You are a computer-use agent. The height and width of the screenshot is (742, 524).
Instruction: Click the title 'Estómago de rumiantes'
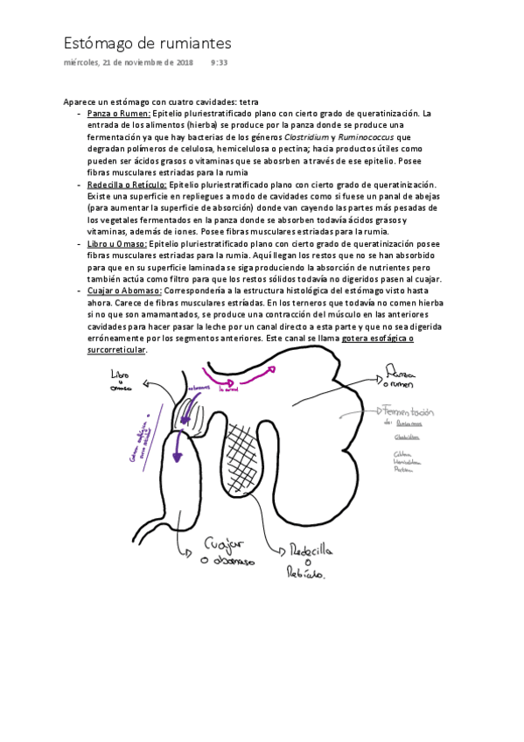pyautogui.click(x=148, y=43)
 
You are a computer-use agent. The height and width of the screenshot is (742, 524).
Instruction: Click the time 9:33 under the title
pyautogui.click(x=220, y=63)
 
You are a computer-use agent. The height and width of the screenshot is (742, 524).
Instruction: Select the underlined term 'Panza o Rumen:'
pyautogui.click(x=119, y=114)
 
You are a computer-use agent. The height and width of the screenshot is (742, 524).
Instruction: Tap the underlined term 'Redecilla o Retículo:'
pyautogui.click(x=128, y=185)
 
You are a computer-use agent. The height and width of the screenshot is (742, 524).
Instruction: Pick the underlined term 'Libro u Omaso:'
pyautogui.click(x=117, y=244)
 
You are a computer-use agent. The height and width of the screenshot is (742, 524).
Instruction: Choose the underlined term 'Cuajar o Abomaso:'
pyautogui.click(x=124, y=290)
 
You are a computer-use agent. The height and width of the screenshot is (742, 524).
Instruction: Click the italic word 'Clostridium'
pyautogui.click(x=307, y=137)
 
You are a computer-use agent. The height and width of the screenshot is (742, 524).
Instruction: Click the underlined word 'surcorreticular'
pyautogui.click(x=117, y=350)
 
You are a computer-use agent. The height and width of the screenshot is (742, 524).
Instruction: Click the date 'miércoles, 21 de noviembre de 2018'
pyautogui.click(x=129, y=63)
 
